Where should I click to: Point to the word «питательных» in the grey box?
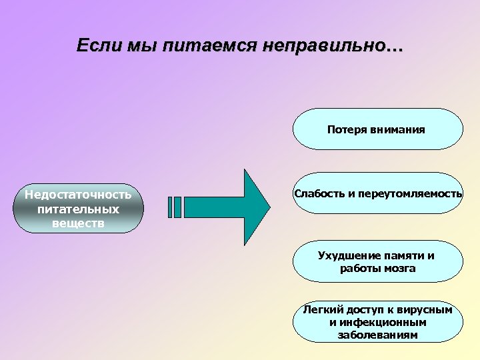click(78, 209)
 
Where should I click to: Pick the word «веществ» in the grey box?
click(78, 223)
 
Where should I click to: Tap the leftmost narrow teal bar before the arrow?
click(171, 207)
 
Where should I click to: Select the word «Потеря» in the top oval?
click(347, 129)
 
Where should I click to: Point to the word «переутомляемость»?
click(410, 193)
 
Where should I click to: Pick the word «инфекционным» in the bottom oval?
click(383, 323)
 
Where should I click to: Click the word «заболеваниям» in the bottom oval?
click(378, 335)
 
